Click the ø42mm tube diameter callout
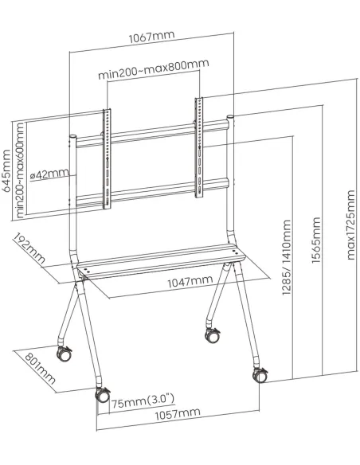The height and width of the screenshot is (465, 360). coord(49,174)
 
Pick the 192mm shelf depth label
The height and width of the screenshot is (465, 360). coord(28,251)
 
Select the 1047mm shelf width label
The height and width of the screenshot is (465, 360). coord(189,281)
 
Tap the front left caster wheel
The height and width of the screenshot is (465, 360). coord(102,393)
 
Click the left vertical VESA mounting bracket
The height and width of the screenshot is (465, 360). coord(107,159)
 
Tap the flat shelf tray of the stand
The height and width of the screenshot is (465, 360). coord(159,264)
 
